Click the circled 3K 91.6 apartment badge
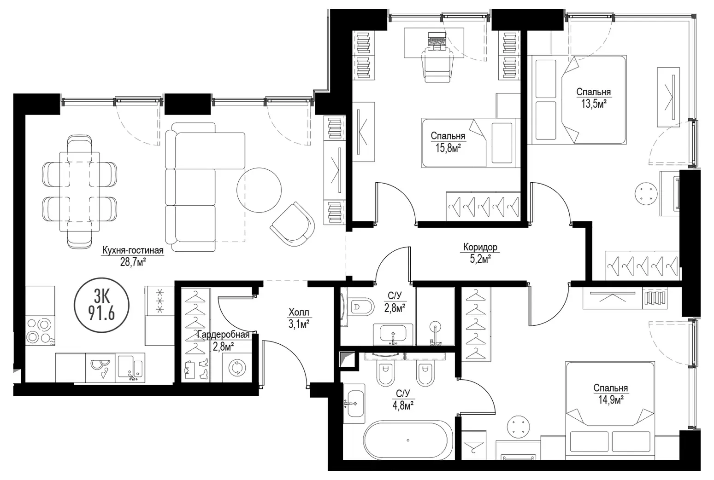coord(101,305)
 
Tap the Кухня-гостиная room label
coord(133,250)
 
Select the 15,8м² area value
coord(448,148)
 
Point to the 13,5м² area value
coord(594,104)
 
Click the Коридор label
coord(480,247)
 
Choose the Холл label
coord(299,312)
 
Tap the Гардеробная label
coord(223,335)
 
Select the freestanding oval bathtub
coord(408,440)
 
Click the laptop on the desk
coord(436,41)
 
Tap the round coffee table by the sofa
coord(259,190)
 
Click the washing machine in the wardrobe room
coord(236,367)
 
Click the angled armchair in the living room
coord(292,224)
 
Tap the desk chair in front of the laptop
coord(437,65)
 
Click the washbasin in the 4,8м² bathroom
coord(354,404)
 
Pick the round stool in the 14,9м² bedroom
coord(519,427)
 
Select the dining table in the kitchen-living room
coord(79,191)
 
